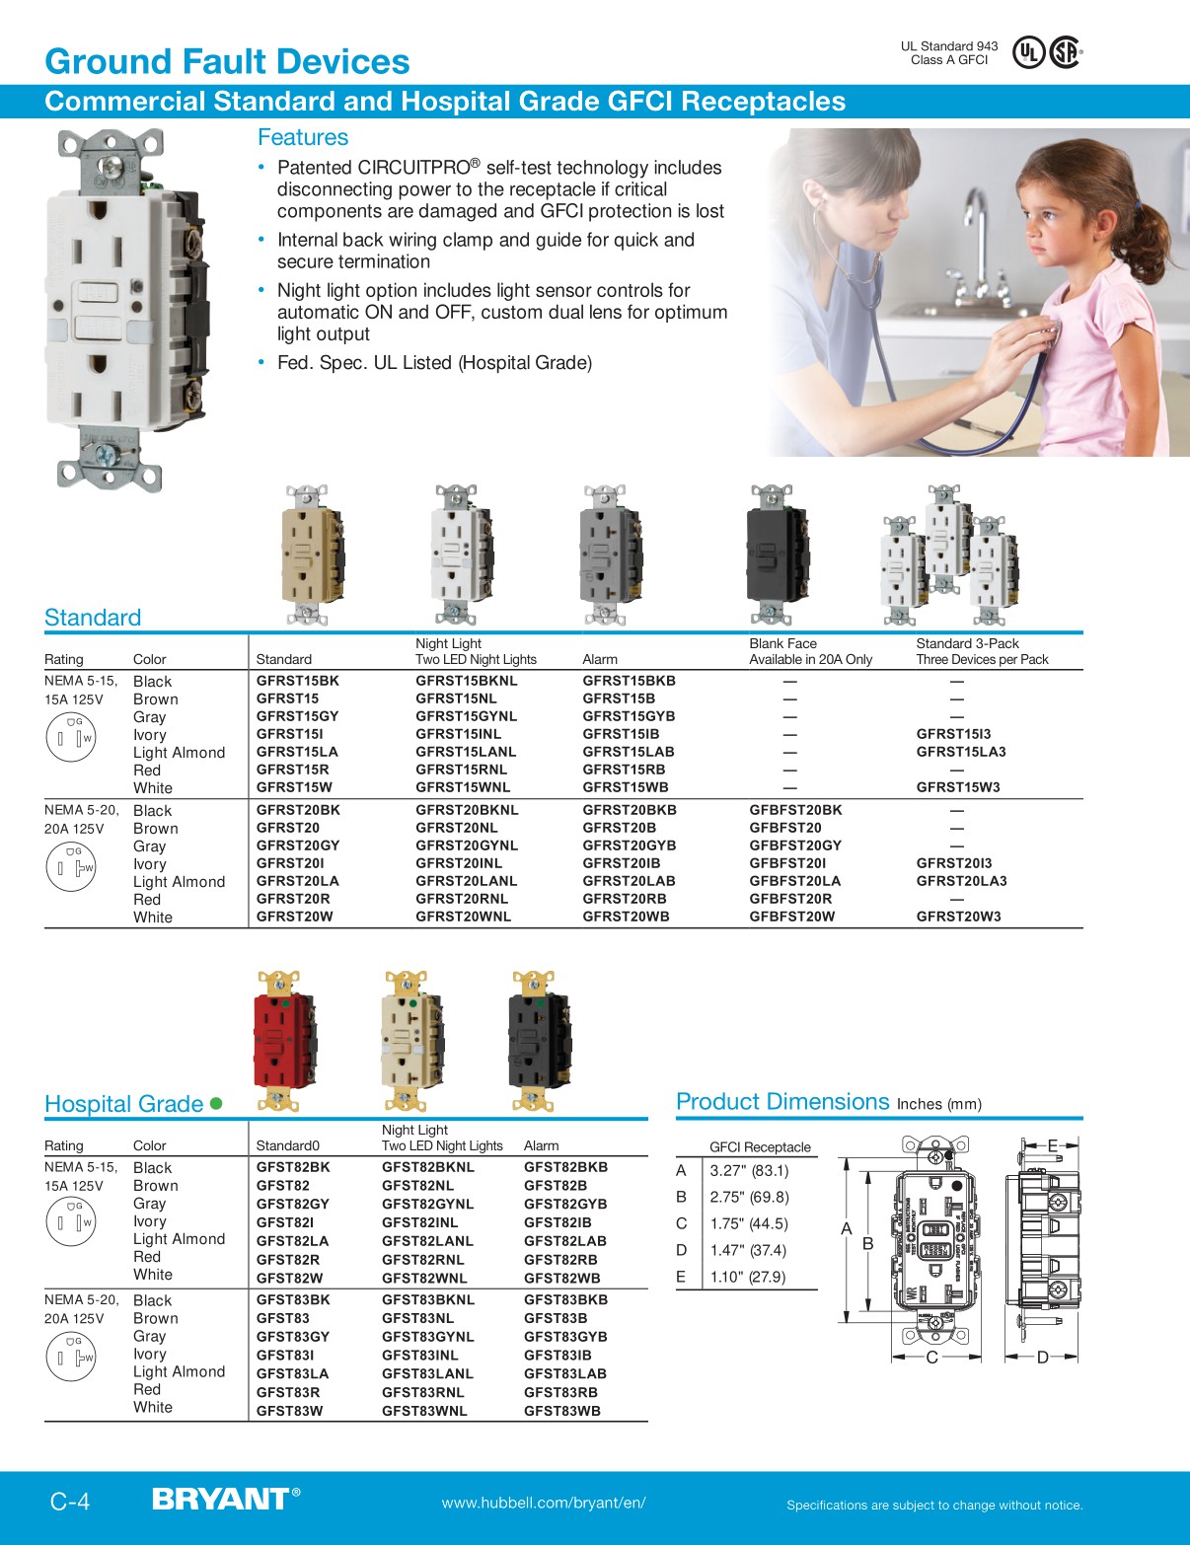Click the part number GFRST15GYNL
point(466,716)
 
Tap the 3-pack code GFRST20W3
point(958,917)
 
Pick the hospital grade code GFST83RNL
point(424,1392)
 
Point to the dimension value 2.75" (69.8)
point(749,1197)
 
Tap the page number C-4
point(70,1502)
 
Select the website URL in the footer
point(544,1503)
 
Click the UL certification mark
point(1029,51)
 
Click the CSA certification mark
point(1065,51)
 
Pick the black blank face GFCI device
point(778,555)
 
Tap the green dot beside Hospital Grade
point(216,1103)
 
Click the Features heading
point(303,137)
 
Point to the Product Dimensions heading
point(782,1102)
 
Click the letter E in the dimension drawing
point(1052,1145)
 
